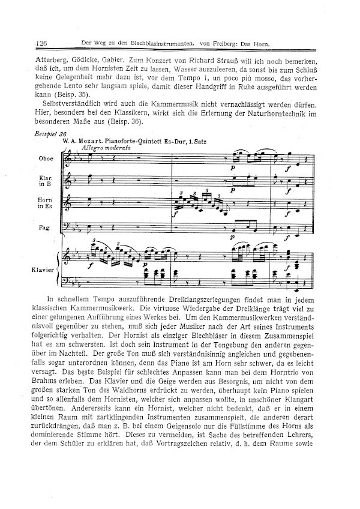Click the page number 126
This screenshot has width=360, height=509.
pyautogui.click(x=42, y=43)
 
